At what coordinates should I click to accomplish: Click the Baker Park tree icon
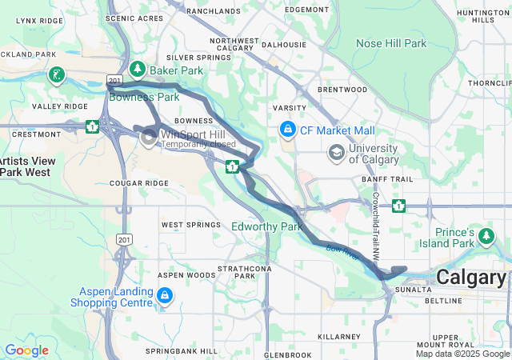[x=138, y=70]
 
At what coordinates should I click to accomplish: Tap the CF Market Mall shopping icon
[x=286, y=129]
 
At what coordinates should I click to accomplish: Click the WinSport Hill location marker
[x=149, y=138]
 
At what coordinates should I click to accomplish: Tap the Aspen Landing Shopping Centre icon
[x=164, y=297]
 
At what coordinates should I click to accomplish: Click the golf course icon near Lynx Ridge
[x=56, y=75]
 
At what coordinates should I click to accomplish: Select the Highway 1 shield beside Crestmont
[x=93, y=126]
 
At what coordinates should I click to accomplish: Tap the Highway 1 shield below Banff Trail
[x=398, y=206]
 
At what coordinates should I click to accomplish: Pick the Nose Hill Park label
[x=391, y=43]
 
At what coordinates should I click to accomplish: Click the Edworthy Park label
[x=266, y=227]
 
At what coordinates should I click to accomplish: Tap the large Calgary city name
[x=470, y=278]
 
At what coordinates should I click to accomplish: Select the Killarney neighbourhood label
[x=339, y=338]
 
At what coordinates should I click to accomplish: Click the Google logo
[x=26, y=350]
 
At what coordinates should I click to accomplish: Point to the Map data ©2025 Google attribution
[x=462, y=354]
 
